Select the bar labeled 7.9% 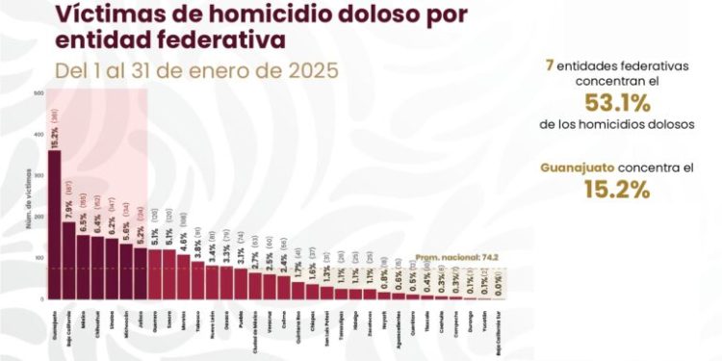[x=68, y=260]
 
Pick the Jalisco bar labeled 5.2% [x=141, y=273]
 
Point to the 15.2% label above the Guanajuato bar [x=54, y=137]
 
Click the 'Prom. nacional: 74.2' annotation [x=444, y=258]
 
